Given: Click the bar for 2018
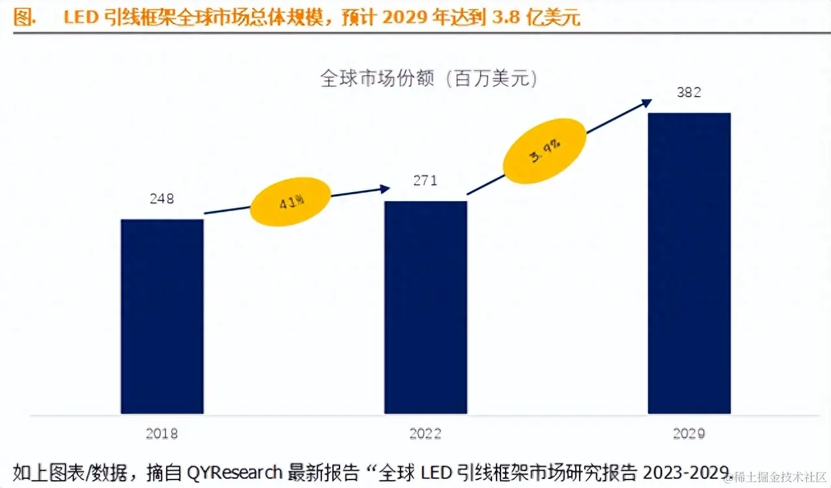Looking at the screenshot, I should point(162,316).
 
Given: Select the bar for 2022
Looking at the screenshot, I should point(425,307).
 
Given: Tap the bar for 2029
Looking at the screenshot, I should point(689,263).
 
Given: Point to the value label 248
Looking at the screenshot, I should point(162,199).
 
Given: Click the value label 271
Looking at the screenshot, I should point(425,180).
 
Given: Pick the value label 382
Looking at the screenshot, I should point(689,92).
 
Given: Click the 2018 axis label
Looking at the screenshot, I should point(162,433).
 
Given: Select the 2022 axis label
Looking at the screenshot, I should point(425,433).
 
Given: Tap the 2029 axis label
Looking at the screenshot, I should point(689,433).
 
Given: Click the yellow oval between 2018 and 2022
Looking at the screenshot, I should point(290,201).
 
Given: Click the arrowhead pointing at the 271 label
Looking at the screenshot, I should point(385,189).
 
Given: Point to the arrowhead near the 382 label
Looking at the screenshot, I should point(646,102).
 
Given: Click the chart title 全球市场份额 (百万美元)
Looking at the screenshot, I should point(429,79).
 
